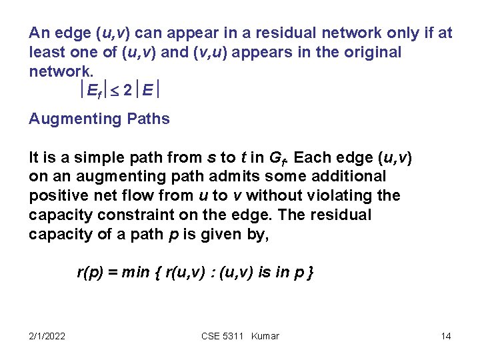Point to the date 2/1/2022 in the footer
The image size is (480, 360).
[47, 336]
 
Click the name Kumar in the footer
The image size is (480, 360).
[265, 336]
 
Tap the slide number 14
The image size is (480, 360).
[446, 336]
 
